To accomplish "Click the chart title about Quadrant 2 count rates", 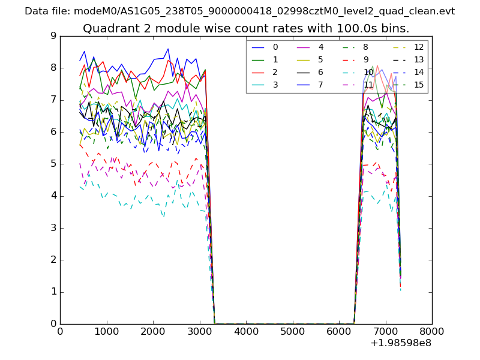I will [246, 28].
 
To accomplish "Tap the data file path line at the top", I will [239, 11].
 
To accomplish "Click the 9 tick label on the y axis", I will [53, 36].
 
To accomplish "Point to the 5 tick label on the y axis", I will [53, 164].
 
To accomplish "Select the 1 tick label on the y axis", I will [53, 292].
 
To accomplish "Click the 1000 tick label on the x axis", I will [106, 331].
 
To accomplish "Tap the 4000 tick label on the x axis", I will [246, 331].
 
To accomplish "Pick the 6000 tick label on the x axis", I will [339, 331].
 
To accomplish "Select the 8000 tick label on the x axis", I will [432, 331].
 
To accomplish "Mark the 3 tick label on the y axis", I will [53, 228].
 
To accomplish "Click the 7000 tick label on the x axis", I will [385, 331].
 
